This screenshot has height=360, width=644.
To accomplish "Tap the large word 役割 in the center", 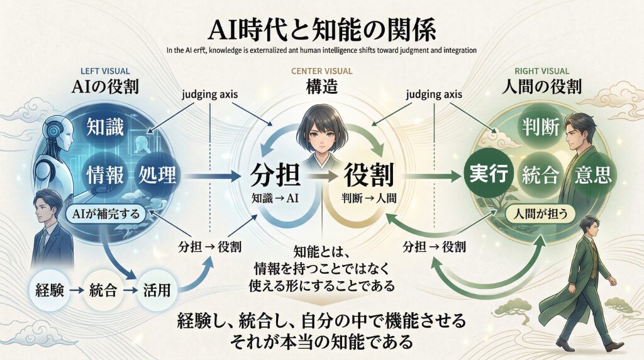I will pyautogui.click(x=368, y=174).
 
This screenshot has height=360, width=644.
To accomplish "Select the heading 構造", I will pyautogui.click(x=322, y=89).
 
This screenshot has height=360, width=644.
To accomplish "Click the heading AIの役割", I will pyautogui.click(x=104, y=89).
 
